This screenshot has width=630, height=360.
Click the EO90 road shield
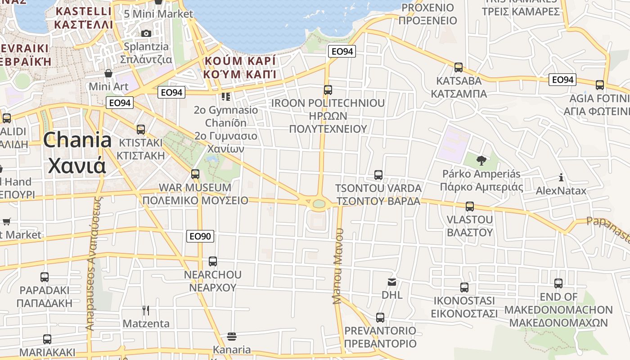pos(200,236)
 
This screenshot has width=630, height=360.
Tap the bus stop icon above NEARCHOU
pos(213,261)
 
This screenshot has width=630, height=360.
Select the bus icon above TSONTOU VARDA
pos(378,175)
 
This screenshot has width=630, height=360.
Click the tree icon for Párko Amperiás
pos(481,160)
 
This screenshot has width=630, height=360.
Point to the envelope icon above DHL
pos(392,282)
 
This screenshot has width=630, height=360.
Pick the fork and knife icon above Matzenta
pos(145,310)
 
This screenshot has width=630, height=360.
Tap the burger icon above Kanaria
pos(232,337)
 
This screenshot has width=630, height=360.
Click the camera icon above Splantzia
pos(146,33)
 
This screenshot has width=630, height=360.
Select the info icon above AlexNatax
pos(561,177)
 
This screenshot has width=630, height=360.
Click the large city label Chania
pos(77,140)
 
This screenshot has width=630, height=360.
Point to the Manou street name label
pos(338,266)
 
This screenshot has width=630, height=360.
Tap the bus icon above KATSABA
pos(459,67)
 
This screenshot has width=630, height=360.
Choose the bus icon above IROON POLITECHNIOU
pos(328,90)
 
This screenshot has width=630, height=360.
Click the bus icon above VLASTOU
pos(470,207)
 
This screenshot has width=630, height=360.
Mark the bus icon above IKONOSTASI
pos(464,287)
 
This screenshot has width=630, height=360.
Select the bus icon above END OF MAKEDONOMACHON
pos(558,283)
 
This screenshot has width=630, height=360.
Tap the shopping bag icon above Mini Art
pos(108,73)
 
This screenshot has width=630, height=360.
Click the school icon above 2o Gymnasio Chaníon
pos(225,97)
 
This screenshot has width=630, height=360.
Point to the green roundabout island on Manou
pos(319,204)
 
